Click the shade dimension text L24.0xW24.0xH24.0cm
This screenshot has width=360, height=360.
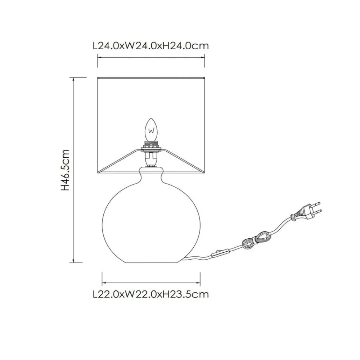pos(151,46)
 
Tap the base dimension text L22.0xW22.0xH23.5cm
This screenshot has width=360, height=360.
pos(151,294)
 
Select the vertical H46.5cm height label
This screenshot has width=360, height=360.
pos(65,170)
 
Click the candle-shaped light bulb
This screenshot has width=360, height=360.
pos(151,130)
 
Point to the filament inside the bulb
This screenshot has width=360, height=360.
pos(151,132)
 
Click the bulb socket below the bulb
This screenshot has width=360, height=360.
pos(151,153)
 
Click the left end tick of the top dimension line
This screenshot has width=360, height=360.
pos(98,57)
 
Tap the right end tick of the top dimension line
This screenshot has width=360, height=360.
pos(204,57)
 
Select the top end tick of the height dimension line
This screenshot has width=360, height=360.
pos(74,77)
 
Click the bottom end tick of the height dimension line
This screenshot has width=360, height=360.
pos(74,262)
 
